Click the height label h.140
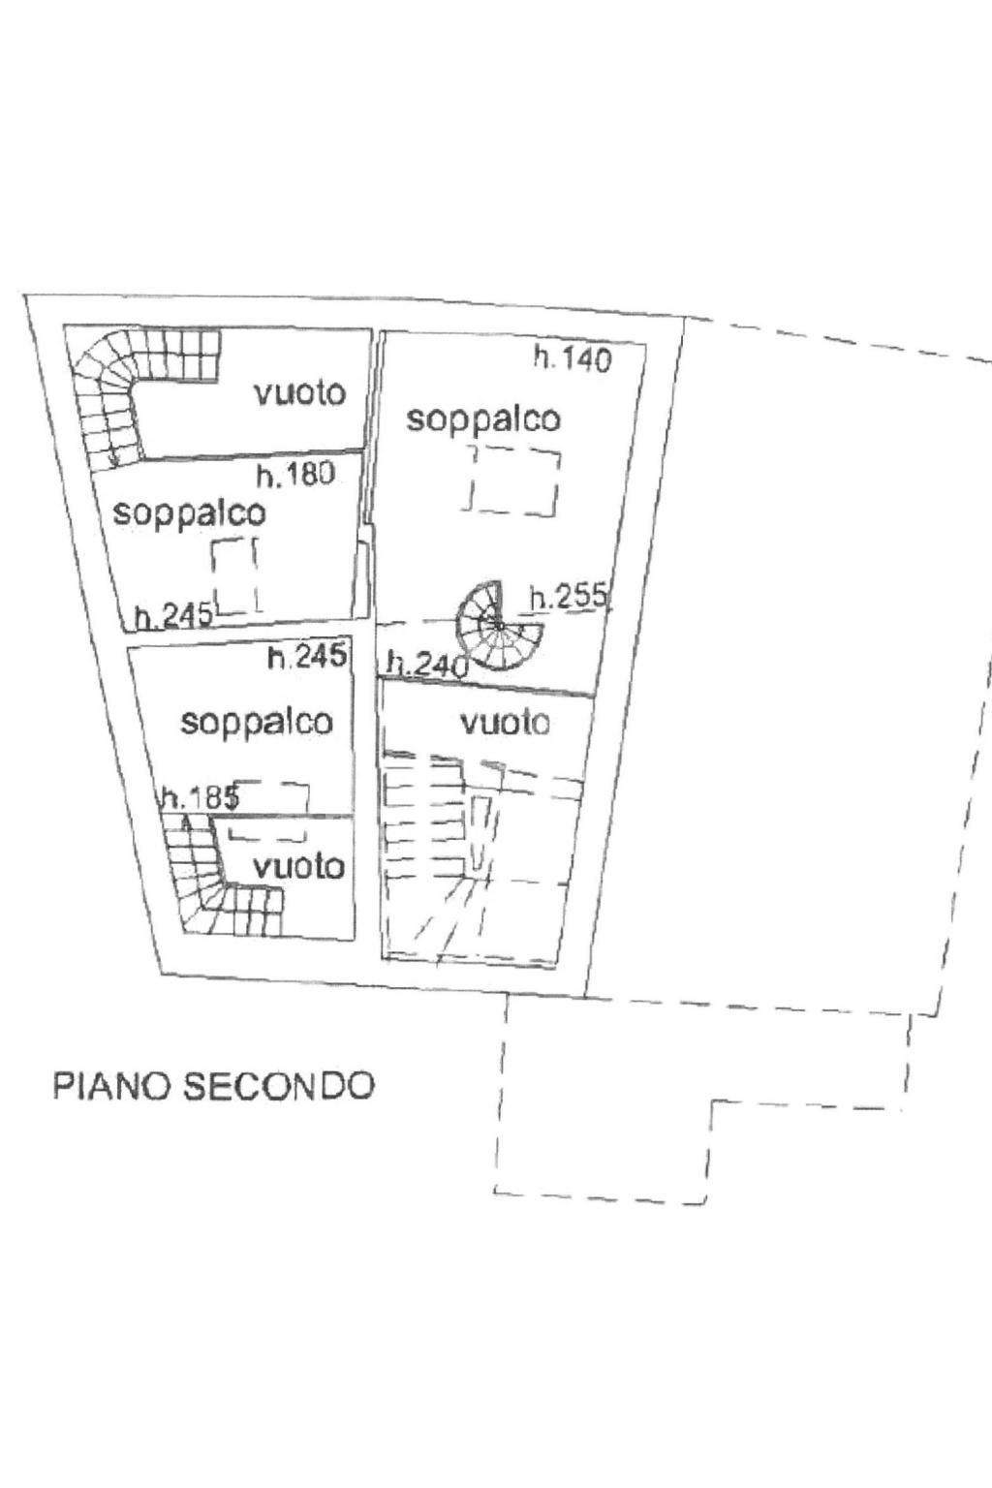coord(573,359)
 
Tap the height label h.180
coord(295,475)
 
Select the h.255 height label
coord(568,597)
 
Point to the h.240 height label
coord(428,665)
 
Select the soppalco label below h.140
coord(483,419)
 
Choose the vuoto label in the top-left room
coord(300,393)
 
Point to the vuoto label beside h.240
coord(506,723)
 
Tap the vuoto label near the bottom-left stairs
coord(299,867)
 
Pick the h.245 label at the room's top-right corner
coord(307,658)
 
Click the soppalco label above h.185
coord(257,723)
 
